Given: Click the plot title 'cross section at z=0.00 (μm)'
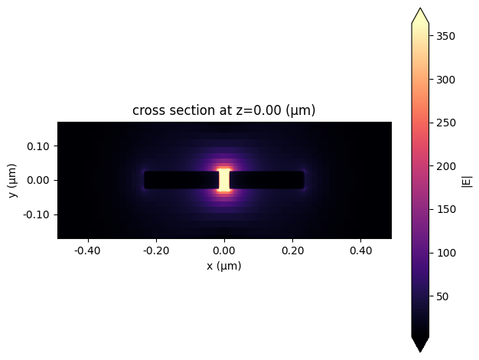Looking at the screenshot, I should (x=224, y=110).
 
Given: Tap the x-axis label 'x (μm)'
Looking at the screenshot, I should (x=224, y=266).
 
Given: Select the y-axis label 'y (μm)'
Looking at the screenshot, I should (x=11, y=180).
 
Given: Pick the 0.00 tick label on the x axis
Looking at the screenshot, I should (x=224, y=249).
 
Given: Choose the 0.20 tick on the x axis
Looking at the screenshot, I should (x=292, y=249).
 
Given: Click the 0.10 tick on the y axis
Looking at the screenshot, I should (x=40, y=146).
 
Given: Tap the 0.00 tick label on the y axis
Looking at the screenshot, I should (x=40, y=180).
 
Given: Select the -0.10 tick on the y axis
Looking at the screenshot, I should (x=38, y=214).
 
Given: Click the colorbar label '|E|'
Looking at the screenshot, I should (x=468, y=181).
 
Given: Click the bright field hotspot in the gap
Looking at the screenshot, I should (x=224, y=180).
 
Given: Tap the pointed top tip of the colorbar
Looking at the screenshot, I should (x=420, y=9).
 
